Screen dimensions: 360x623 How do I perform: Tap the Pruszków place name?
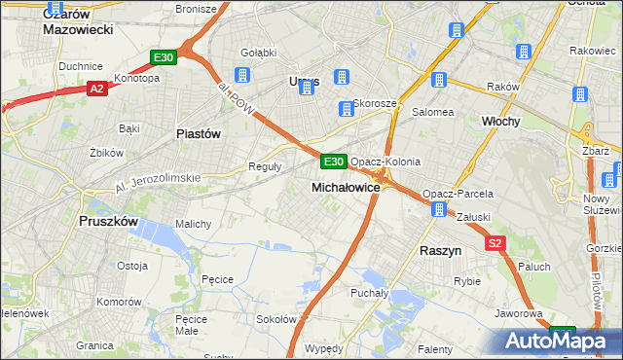click(x=108, y=221)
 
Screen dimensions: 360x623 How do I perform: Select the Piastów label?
click(x=199, y=133)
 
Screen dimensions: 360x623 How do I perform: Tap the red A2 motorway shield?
click(x=96, y=89)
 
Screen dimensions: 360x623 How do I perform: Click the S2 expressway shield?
click(x=496, y=244)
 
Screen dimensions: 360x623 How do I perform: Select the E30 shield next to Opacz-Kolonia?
click(x=333, y=161)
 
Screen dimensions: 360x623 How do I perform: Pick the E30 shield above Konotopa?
click(x=163, y=58)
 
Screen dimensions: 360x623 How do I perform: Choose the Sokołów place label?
click(x=275, y=319)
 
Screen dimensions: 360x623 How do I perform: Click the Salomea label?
click(x=433, y=112)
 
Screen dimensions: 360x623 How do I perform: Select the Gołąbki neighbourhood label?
click(x=258, y=52)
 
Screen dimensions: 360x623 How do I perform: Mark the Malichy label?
click(x=193, y=224)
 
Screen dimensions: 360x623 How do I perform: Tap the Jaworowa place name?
click(x=518, y=313)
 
